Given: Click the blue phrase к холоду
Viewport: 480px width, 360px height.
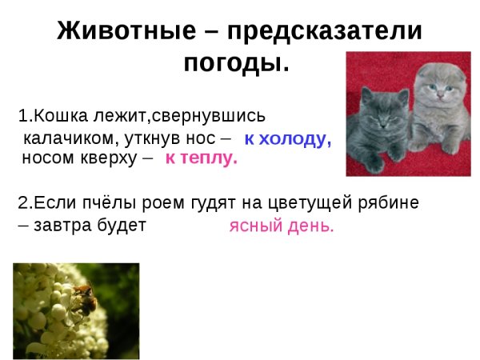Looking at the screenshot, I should [287, 138].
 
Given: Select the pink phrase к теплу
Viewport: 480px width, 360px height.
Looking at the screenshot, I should [202, 158].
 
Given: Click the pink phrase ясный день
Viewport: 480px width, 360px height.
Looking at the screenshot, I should [282, 226].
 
